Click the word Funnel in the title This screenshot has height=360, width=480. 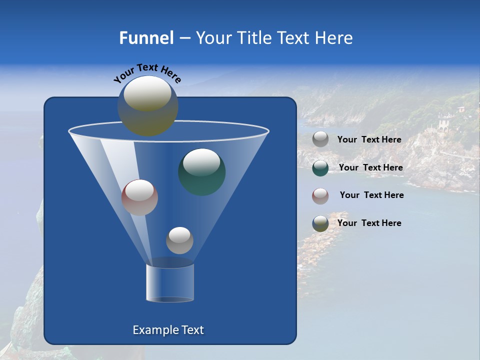pos(146,38)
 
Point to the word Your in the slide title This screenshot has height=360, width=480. pos(212,38)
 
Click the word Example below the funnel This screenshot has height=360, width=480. pos(151,330)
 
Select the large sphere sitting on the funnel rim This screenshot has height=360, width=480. pos(147,105)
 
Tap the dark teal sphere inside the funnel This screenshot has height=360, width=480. pos(201,171)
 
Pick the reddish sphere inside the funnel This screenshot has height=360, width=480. pos(139,197)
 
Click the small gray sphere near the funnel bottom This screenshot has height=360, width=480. pos(179,240)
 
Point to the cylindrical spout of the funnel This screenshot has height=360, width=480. pos(170,283)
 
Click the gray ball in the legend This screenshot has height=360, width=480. pos(320,139)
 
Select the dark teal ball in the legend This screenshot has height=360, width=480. pos(320,168)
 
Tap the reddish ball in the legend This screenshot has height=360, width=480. pos(320,196)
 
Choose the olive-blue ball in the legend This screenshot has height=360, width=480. pos(320,223)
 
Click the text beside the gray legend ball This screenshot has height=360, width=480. pos(369,140)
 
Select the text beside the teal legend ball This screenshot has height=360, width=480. pos(370,168)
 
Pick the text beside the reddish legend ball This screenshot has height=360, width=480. pos(371,195)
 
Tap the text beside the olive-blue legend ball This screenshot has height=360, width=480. pos(369,223)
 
